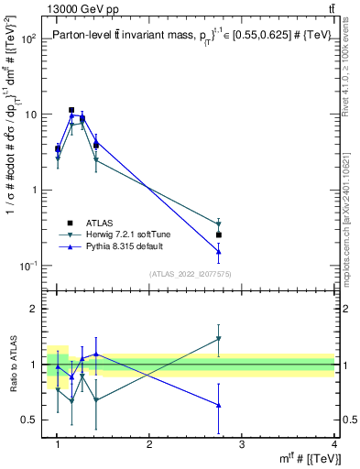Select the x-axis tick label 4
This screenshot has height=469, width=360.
pyautogui.click(x=334, y=447)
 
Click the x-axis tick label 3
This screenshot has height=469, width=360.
pyautogui.click(x=242, y=447)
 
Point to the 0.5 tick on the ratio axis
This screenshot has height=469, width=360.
pyautogui.click(x=29, y=420)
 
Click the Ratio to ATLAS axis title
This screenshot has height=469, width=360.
pyautogui.click(x=12, y=365)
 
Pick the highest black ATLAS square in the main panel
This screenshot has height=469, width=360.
pyautogui.click(x=71, y=110)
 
